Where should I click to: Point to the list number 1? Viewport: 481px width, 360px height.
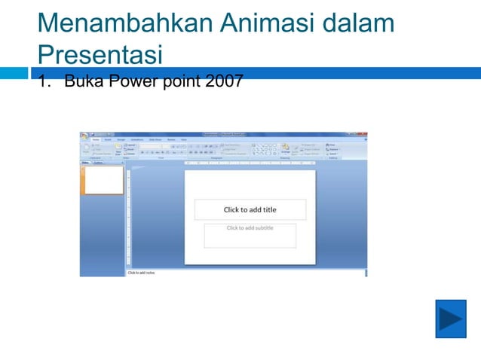coord(43,81)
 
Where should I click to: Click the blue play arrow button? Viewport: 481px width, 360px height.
coord(451,319)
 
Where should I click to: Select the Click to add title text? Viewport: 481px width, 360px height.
coord(250,210)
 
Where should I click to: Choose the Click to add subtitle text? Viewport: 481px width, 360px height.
coord(250,228)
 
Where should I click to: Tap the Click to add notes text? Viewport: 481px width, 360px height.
coord(141,273)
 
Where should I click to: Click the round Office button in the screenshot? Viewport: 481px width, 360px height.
coord(84,136)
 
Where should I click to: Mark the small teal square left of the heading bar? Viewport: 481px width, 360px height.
coord(14,73)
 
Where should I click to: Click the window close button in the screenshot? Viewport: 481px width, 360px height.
coord(365,134)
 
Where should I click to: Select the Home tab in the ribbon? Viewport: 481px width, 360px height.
coord(96,139)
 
